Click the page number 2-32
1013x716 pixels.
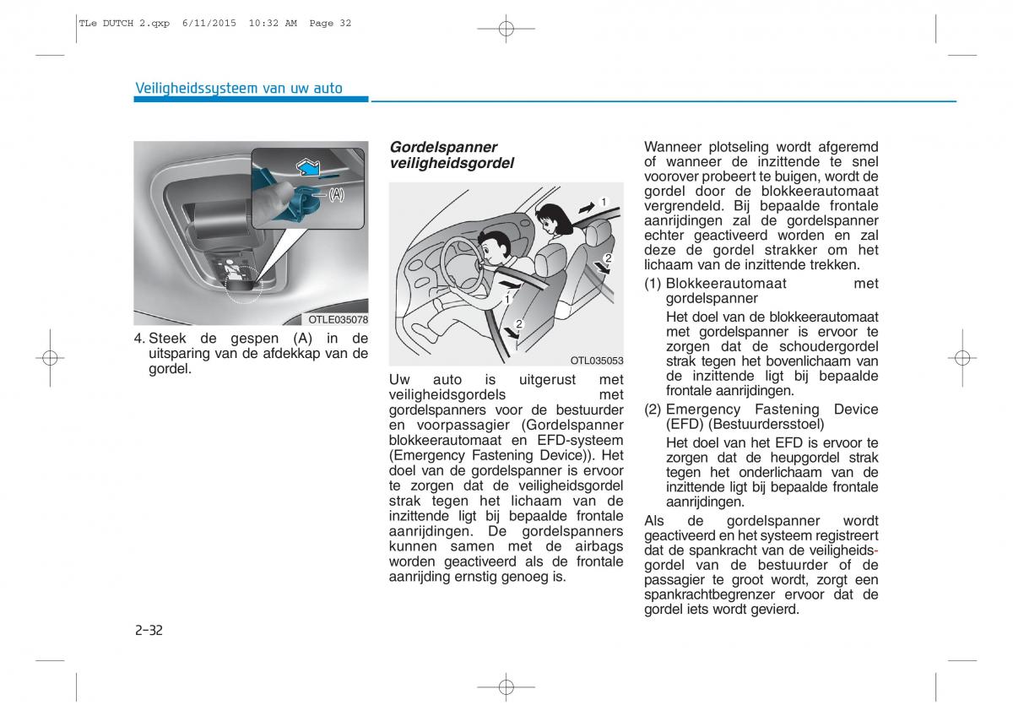[148, 630]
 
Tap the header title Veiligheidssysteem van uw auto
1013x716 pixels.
[239, 89]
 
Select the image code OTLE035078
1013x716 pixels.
[337, 320]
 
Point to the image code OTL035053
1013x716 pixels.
[596, 361]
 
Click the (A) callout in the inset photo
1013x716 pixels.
[336, 195]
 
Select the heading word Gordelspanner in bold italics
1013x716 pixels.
[443, 147]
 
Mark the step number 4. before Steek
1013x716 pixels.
[139, 339]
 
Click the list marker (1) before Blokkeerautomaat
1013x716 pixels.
[653, 284]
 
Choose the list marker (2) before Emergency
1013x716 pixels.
[653, 410]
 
